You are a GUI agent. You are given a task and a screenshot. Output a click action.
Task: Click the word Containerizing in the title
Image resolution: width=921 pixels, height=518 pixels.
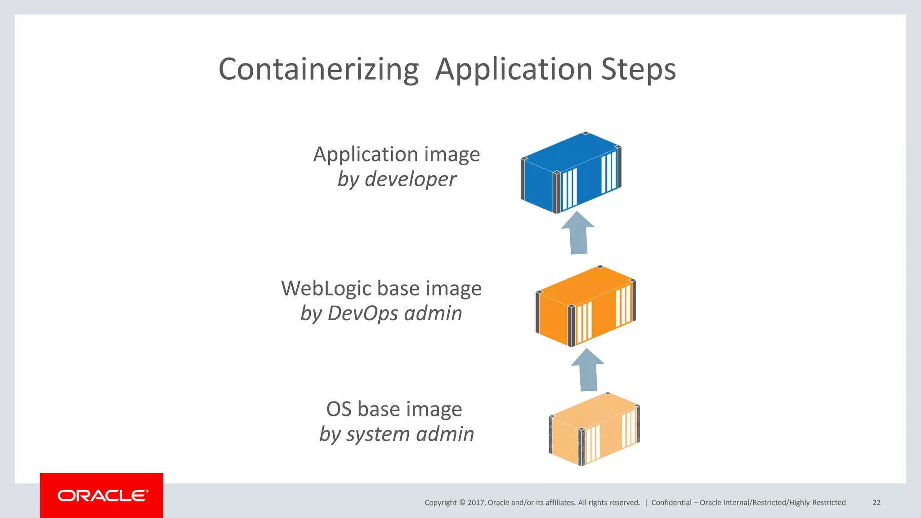tap(318, 70)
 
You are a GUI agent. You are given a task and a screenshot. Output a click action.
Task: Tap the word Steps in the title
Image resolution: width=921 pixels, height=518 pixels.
tap(638, 70)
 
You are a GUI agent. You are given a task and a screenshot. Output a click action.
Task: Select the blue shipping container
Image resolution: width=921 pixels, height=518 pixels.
tap(571, 173)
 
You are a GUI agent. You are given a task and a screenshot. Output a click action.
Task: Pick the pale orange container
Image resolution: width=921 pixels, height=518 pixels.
tap(594, 429)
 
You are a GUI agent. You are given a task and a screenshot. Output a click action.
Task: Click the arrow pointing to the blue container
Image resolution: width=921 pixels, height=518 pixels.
tap(578, 234)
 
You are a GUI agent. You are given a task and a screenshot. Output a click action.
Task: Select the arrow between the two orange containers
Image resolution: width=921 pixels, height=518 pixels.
tap(588, 370)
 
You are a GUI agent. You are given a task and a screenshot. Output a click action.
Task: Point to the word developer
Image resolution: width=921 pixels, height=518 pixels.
tap(410, 179)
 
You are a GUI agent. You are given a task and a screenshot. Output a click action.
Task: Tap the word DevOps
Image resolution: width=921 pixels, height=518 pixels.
tap(362, 313)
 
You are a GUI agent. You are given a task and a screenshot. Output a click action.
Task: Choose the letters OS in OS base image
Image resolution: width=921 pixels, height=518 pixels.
tap(339, 409)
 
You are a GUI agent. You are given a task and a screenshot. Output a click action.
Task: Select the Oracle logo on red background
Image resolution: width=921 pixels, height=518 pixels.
tap(102, 496)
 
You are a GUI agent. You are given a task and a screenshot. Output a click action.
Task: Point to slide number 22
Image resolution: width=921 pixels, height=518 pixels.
tap(876, 503)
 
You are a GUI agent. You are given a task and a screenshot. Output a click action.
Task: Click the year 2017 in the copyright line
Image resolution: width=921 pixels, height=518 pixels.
tap(476, 503)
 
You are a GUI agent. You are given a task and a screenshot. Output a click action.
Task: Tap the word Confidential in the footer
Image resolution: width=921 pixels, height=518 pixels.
tap(671, 503)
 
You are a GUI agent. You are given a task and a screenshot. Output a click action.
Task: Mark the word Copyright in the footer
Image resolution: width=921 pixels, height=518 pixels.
tap(440, 503)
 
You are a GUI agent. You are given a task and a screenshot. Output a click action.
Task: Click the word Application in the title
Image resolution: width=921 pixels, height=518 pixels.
tap(514, 70)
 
